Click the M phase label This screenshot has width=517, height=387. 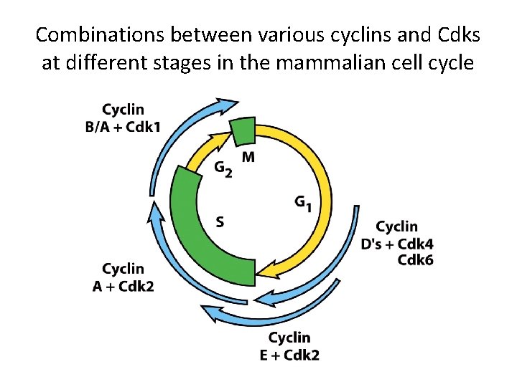(x=247, y=157)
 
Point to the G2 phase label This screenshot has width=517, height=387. (x=223, y=168)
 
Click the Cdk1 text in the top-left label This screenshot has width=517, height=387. (x=143, y=127)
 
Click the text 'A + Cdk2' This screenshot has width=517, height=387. (x=124, y=286)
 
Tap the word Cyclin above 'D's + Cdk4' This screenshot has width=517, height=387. (x=396, y=227)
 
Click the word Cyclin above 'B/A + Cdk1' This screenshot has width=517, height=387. (x=123, y=110)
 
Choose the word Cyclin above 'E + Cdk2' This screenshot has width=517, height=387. (x=289, y=338)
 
